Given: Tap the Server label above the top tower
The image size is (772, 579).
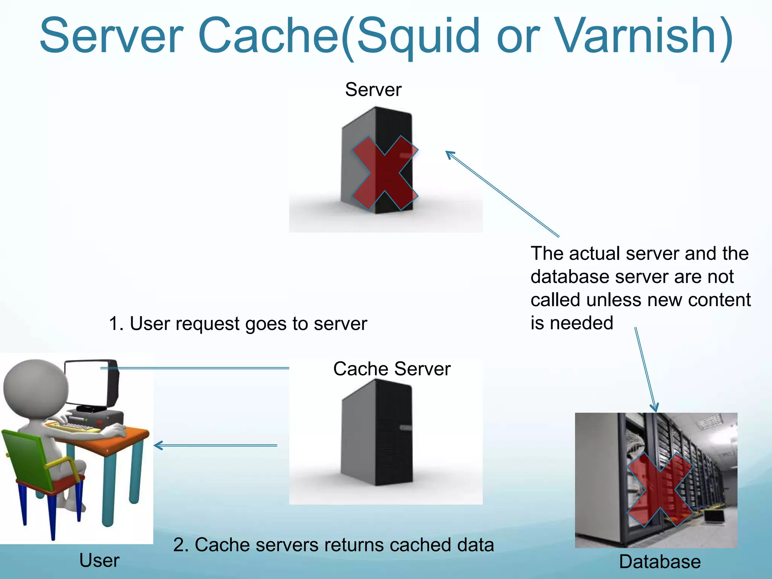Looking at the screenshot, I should coord(373,90).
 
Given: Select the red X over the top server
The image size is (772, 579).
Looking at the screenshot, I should coord(384,173).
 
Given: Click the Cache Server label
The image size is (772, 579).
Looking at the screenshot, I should coord(392,369).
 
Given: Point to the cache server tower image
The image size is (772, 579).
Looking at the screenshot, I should coord(377,433).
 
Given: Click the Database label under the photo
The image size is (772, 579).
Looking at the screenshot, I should coord(660,562).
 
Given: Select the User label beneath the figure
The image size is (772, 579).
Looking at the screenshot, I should coord(99,560).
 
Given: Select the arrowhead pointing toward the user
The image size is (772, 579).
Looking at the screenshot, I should coord(158,446).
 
